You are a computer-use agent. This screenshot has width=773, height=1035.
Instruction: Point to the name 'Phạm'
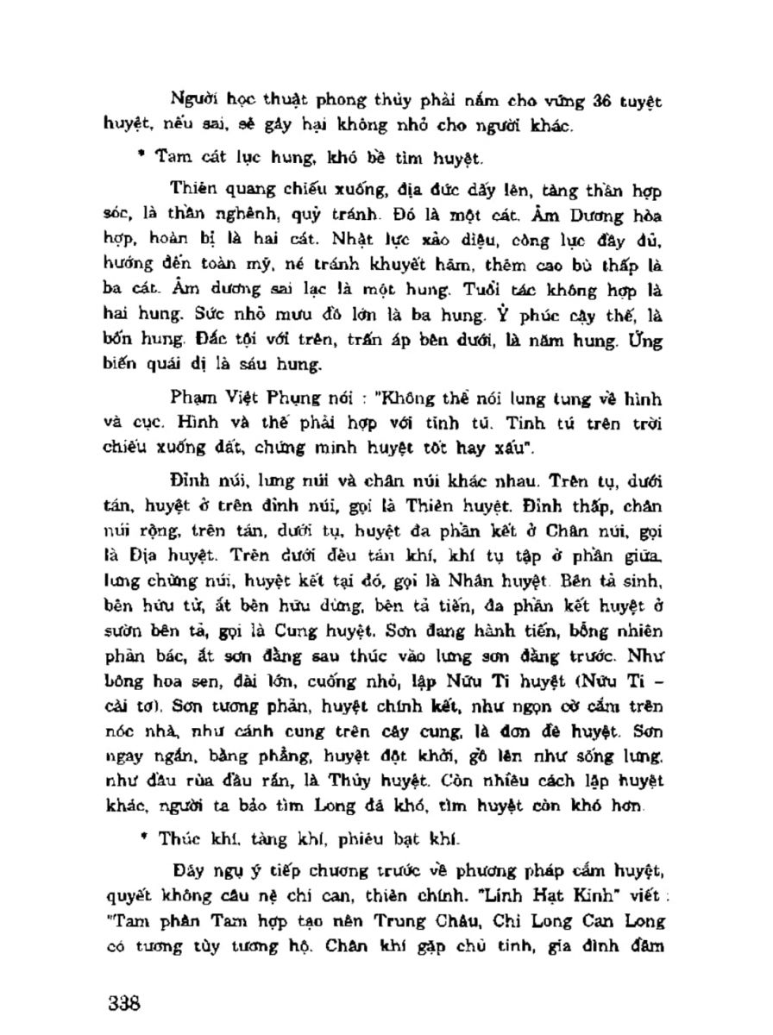coord(193,400)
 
